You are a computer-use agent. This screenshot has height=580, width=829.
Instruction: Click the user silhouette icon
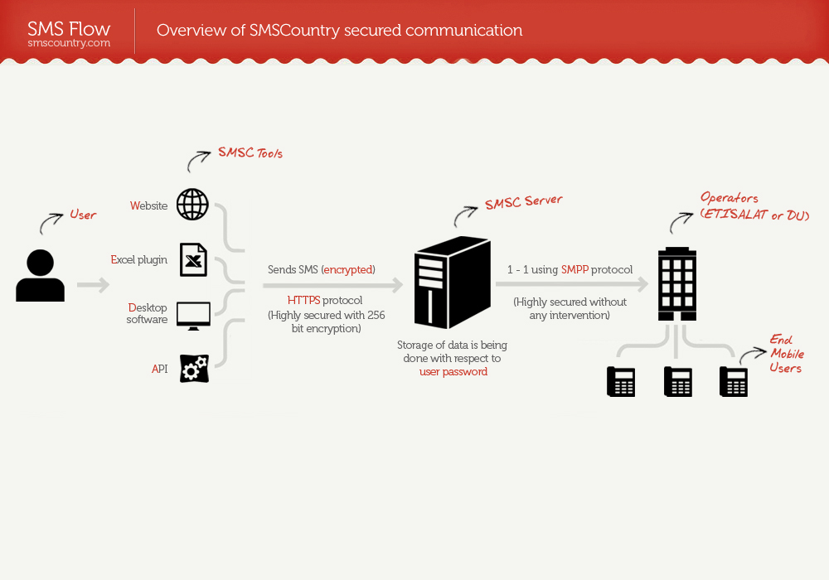click(x=40, y=276)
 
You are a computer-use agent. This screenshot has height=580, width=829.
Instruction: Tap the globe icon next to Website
click(x=192, y=205)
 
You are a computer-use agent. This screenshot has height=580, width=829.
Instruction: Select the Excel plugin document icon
click(x=193, y=259)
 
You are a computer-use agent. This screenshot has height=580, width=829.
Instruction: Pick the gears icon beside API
click(x=194, y=368)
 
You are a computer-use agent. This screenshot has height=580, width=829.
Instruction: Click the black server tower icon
click(x=453, y=282)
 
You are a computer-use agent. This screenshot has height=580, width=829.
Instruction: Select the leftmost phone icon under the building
click(x=621, y=381)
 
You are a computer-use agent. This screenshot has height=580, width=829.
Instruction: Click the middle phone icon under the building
click(x=678, y=381)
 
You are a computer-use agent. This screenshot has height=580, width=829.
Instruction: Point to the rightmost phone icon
click(x=734, y=381)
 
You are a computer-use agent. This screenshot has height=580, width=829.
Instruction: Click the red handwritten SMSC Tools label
click(x=250, y=152)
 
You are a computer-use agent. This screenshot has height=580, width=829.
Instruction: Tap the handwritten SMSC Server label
click(x=523, y=201)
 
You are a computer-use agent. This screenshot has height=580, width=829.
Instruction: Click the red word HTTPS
click(x=303, y=300)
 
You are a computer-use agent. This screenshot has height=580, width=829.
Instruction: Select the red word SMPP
click(x=574, y=269)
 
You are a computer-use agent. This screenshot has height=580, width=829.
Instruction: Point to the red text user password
click(x=453, y=372)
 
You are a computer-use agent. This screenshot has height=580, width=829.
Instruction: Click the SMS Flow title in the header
click(x=69, y=29)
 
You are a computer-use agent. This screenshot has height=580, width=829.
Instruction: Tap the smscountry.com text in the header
click(x=69, y=43)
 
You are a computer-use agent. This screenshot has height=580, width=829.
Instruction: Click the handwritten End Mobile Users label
click(x=786, y=354)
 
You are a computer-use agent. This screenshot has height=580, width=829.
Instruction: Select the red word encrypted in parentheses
click(x=348, y=269)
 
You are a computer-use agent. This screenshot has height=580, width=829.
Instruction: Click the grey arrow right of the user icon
click(x=93, y=286)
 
